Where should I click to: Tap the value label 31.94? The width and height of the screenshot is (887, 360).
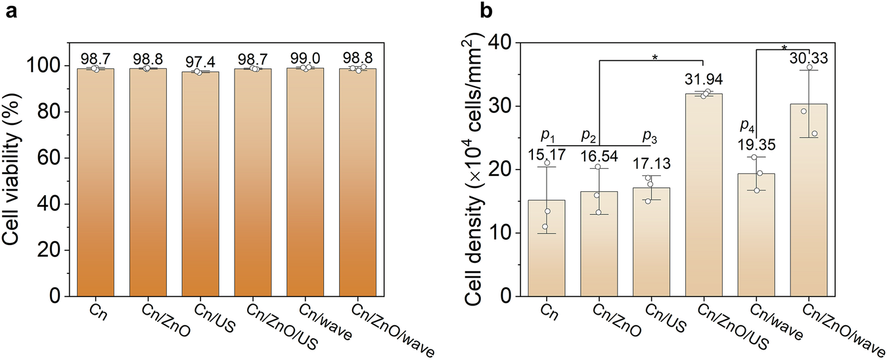704,82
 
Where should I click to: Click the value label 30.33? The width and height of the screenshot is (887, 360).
809,58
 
